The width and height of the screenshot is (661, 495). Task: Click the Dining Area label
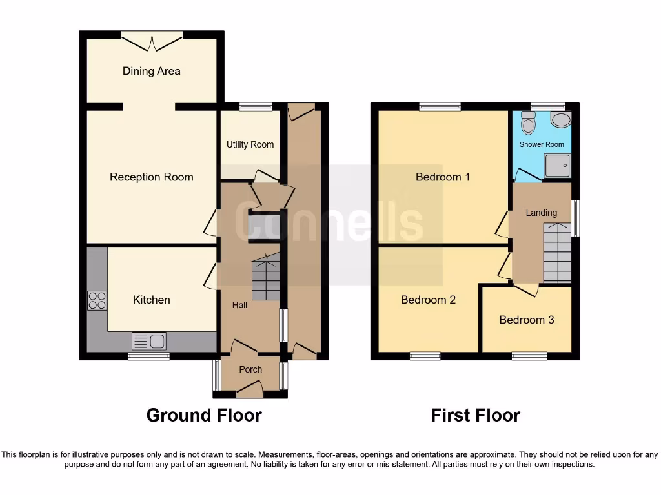pos(151,71)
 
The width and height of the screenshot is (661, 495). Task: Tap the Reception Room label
pos(151,177)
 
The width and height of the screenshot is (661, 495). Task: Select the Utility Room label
pos(250,144)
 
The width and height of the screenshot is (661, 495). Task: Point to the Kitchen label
pos(151,300)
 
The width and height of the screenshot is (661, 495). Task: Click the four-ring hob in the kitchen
pos(97,301)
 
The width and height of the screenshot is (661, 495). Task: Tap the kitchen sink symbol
pos(149,340)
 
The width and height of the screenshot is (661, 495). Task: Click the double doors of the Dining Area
pos(152,42)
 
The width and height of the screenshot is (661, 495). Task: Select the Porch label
pos(250,369)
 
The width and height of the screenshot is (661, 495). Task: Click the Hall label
pos(239,305)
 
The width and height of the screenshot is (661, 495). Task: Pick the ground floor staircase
pos(265,277)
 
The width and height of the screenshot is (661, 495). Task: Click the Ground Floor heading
pos(204,415)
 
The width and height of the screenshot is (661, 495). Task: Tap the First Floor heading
pos(475,415)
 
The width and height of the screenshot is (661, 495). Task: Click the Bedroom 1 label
pos(442,177)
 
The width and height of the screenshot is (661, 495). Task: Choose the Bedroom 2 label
pos(428,300)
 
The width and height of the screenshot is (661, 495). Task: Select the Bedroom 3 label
pos(526,320)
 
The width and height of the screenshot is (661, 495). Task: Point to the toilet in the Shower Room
pos(529,121)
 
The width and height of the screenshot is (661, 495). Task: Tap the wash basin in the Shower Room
pos(561,120)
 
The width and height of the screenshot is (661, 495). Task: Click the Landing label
pos(541,213)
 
